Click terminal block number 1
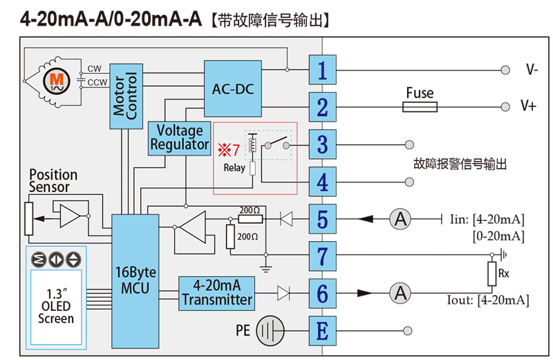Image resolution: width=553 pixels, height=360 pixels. click(322, 70)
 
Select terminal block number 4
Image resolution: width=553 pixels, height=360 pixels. click(322, 182)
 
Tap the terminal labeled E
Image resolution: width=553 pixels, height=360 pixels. click(322, 331)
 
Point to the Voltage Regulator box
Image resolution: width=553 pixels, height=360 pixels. click(180, 138)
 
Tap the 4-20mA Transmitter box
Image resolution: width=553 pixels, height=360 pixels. click(217, 293)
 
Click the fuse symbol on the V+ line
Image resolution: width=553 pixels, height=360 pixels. click(420, 107)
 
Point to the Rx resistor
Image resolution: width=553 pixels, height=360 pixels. click(492, 274)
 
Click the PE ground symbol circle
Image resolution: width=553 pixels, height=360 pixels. click(270, 331)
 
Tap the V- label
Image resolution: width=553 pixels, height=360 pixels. click(532, 70)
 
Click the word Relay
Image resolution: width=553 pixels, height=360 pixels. click(234, 168)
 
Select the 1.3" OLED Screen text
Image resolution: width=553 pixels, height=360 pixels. click(56, 304)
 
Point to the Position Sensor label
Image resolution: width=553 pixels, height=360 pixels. click(53, 181)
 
